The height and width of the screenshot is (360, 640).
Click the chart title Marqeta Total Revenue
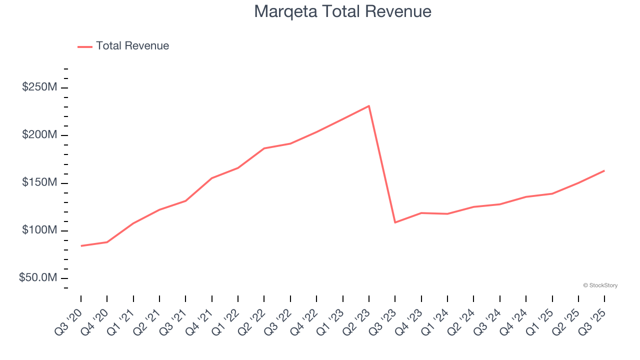(x=342, y=11)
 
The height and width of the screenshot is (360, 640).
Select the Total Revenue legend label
(x=132, y=46)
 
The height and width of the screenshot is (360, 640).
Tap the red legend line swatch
(x=85, y=46)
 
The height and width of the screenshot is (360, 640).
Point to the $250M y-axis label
(x=39, y=87)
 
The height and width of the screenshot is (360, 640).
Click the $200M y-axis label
(x=39, y=135)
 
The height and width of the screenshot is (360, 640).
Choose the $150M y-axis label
(x=39, y=182)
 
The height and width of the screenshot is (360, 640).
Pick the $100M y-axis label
(x=39, y=230)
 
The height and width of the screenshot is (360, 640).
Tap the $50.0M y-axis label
(x=38, y=278)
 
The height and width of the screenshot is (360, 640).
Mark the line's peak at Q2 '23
(x=369, y=106)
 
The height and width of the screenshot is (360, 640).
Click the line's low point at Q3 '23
(x=395, y=222)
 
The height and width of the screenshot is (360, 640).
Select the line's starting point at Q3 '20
(x=81, y=245)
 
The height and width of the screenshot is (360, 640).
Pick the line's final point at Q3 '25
(x=604, y=170)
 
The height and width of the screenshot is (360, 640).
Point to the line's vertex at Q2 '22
(x=264, y=148)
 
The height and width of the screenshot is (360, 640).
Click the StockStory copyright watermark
(x=600, y=285)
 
